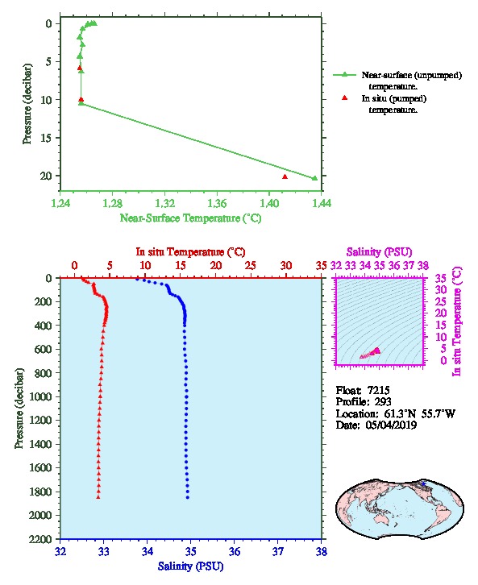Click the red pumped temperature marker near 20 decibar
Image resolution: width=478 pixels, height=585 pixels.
tap(285, 176)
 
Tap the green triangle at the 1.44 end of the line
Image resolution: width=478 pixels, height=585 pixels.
tap(314, 178)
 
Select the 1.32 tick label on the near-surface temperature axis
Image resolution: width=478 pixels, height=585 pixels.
tap(164, 203)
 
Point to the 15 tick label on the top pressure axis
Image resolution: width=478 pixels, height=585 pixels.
tap(46, 138)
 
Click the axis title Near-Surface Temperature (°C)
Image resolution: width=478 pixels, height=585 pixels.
tap(190, 218)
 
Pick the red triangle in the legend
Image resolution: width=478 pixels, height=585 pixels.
tap(345, 97)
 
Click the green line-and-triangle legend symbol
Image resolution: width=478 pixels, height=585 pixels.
tap(345, 75)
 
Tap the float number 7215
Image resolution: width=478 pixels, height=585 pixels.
tap(378, 390)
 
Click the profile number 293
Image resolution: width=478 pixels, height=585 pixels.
tap(383, 401)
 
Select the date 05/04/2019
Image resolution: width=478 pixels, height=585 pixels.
tap(391, 425)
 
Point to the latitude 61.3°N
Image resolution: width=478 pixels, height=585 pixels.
tap(398, 413)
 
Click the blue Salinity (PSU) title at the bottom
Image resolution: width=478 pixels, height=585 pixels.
tap(191, 566)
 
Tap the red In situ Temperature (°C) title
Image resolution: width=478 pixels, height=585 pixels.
tap(190, 252)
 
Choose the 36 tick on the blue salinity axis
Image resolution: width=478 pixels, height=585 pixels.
tap(235, 551)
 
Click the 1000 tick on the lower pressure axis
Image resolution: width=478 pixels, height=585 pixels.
tap(43, 396)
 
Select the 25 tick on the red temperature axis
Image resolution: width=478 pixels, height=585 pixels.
tap(251, 266)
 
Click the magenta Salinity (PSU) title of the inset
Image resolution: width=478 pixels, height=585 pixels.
tap(379, 252)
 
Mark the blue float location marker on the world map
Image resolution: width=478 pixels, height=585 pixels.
tap(423, 483)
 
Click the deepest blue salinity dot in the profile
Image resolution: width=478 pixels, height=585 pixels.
tap(188, 497)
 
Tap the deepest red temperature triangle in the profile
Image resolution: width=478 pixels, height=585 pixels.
tap(98, 497)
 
